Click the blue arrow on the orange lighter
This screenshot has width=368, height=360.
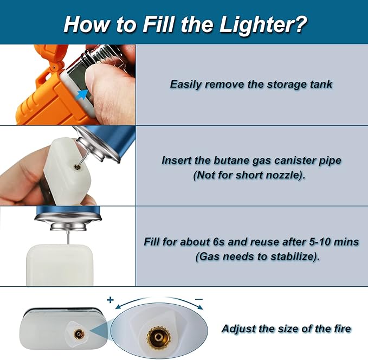click(x=82, y=94)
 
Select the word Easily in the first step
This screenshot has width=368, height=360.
click(x=185, y=85)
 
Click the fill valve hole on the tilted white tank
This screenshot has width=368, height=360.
click(x=77, y=167)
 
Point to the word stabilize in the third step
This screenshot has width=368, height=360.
click(x=292, y=256)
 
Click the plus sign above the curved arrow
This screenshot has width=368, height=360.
click(x=110, y=300)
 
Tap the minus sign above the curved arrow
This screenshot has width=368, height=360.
click(x=199, y=299)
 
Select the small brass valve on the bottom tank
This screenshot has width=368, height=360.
click(x=78, y=333)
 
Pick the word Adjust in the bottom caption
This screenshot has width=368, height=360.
click(x=236, y=329)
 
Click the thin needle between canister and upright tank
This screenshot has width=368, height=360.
click(x=68, y=237)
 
